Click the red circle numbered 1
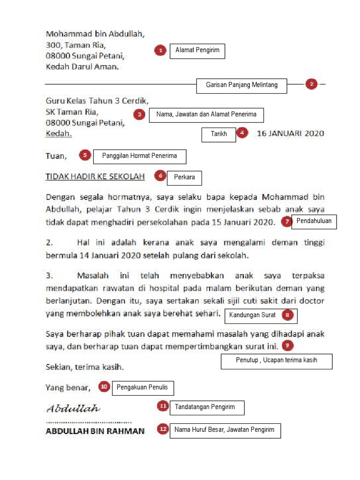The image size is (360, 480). tap(160, 50)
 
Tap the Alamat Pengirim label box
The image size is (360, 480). tap(197, 51)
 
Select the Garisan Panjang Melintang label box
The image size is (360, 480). tap(241, 85)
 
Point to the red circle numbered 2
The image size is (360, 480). tap(312, 84)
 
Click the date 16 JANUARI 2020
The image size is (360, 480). tap(290, 134)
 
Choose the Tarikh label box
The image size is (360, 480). tap(218, 135)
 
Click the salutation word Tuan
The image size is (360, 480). tap(56, 156)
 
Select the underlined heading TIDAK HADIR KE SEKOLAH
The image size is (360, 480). tap(95, 176)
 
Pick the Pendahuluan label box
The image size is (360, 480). tap(314, 221)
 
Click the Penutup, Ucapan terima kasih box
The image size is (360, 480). tap(277, 361)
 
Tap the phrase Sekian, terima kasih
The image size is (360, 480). tap(85, 366)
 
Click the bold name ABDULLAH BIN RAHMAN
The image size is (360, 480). tap(95, 431)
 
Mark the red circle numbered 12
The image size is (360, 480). tap(163, 429)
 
